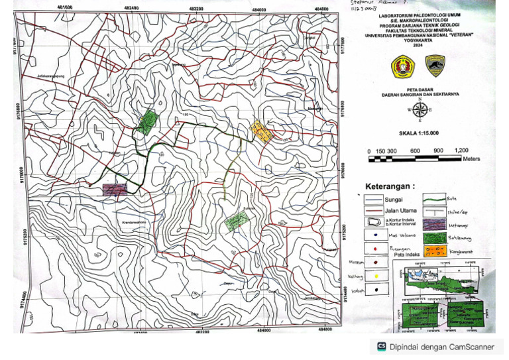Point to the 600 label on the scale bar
point(416,151)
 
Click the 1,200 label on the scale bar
point(459,150)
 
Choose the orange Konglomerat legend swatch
point(436,252)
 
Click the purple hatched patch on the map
point(115,189)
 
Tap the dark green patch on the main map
point(148,121)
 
